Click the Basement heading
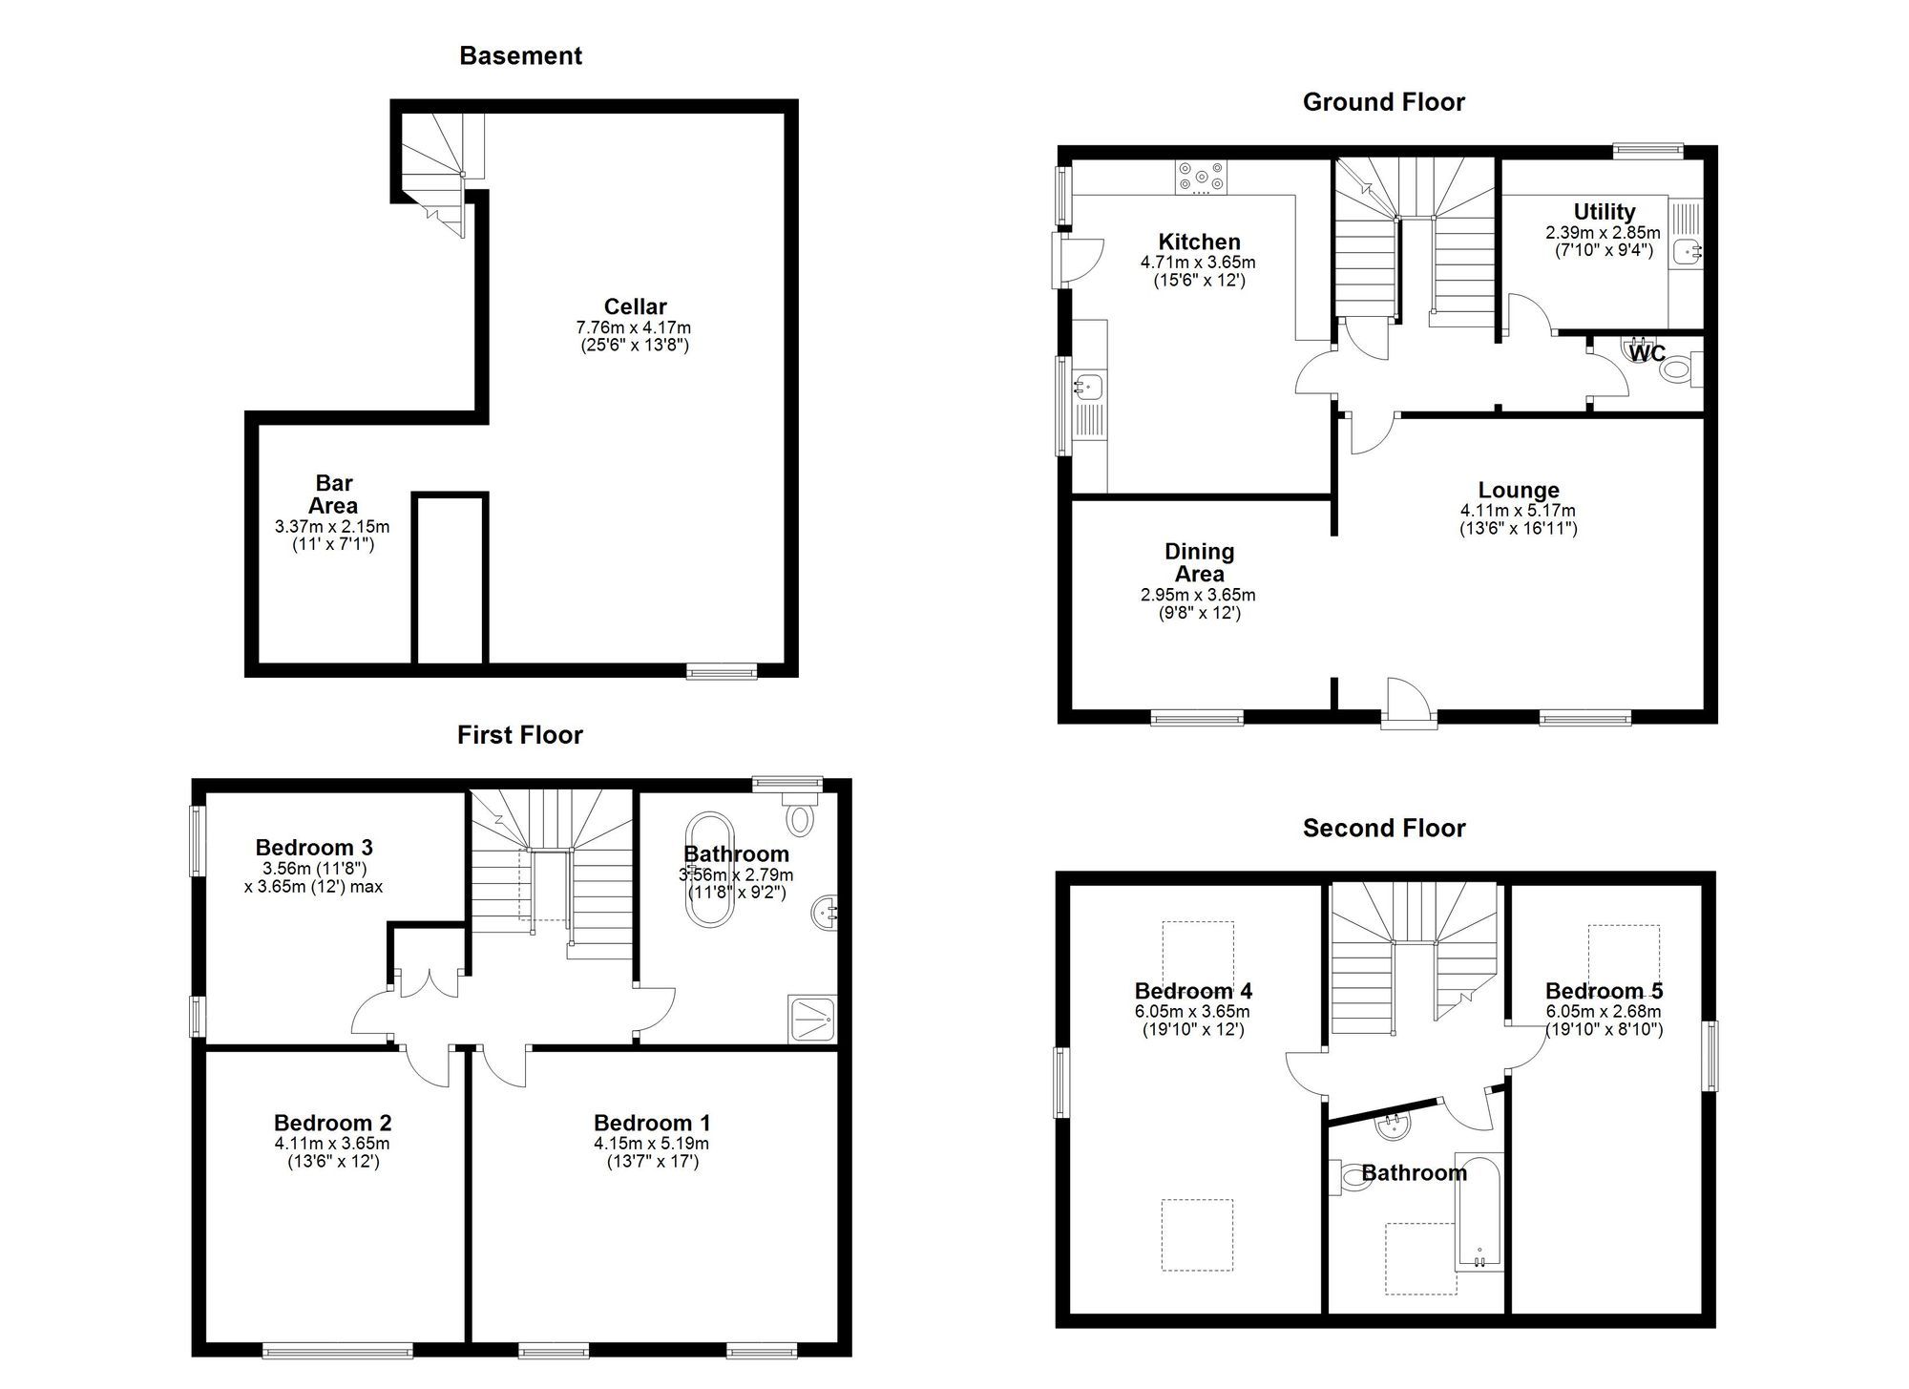click(520, 55)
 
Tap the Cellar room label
click(635, 306)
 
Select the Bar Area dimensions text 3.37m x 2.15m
click(332, 527)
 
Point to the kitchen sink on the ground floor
click(1087, 388)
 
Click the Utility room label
click(1604, 211)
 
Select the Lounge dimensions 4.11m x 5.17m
click(1518, 511)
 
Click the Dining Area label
click(1199, 562)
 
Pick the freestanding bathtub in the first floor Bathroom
click(707, 871)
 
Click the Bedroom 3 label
click(314, 847)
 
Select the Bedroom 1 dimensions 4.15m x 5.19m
click(651, 1144)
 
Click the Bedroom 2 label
click(332, 1123)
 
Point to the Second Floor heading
click(1383, 828)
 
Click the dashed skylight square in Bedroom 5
click(1624, 956)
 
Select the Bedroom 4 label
click(1193, 991)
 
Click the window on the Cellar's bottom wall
click(722, 671)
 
